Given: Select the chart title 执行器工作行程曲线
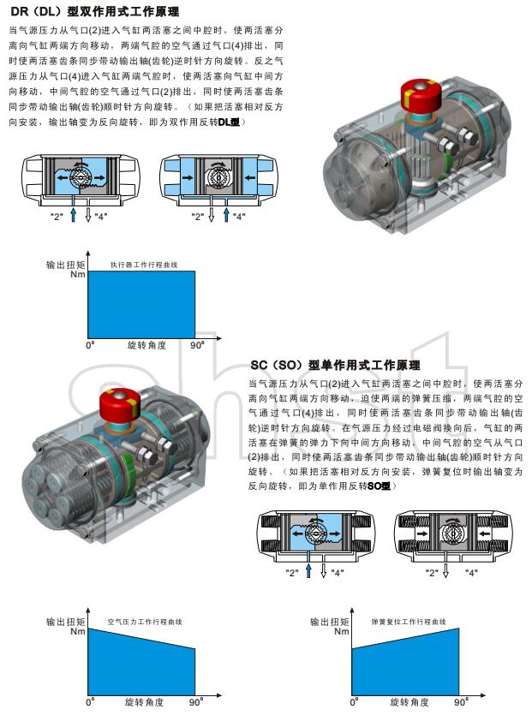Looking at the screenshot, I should (143, 265).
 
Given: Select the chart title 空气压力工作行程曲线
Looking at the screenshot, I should (141, 622).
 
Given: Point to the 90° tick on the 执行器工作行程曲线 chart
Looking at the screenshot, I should (196, 345).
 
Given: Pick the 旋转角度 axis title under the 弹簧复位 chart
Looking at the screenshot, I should (405, 702).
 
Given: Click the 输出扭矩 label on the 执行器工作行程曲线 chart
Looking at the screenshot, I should (65, 265).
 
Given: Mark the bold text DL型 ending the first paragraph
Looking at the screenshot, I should (231, 123).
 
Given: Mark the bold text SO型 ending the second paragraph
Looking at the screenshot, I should (379, 486).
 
